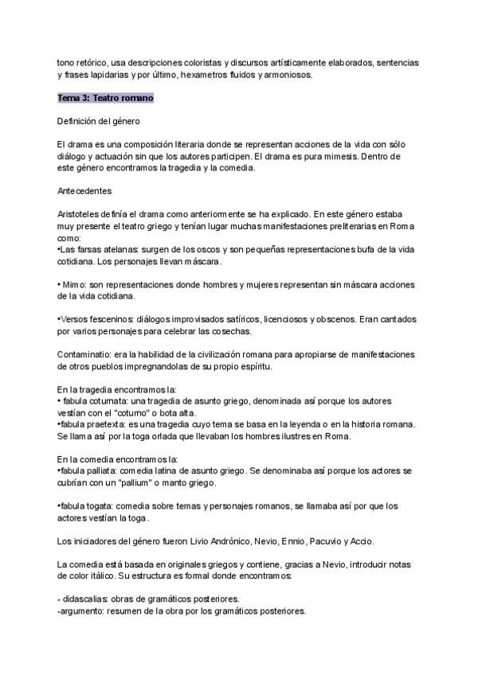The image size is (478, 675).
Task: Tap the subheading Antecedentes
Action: point(84,191)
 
